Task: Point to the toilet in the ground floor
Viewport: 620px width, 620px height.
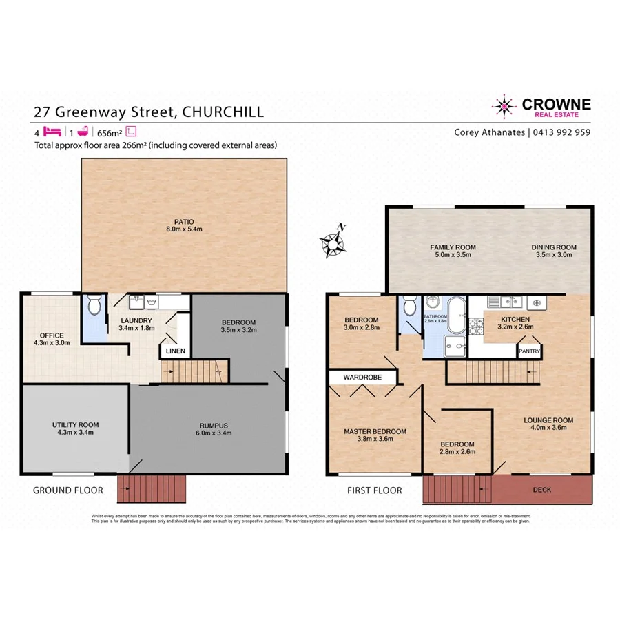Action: [x=94, y=304]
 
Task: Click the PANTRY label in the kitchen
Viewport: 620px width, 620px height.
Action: [x=530, y=351]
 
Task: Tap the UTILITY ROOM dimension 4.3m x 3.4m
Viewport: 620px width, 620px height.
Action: [x=75, y=433]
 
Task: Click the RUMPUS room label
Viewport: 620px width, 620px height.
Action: [x=215, y=424]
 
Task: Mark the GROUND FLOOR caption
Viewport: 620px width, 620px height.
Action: [x=68, y=490]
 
